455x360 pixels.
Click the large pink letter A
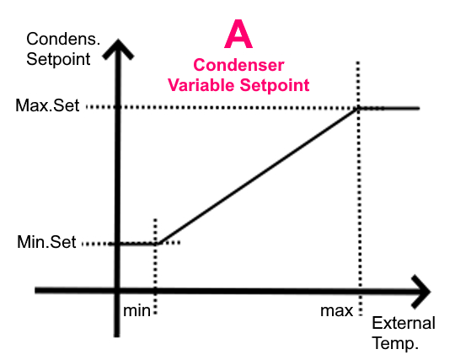click(238, 34)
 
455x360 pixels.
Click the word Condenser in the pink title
click(238, 65)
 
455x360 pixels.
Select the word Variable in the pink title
click(201, 85)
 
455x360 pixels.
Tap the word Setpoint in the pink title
click(275, 85)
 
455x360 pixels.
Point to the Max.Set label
click(47, 105)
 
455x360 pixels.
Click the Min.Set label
click(46, 242)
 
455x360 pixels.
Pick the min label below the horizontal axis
click(136, 310)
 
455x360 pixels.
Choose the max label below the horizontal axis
click(336, 311)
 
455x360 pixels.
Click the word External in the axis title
click(404, 323)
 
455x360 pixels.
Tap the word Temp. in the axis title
click(395, 343)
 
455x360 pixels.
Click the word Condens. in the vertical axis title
click(63, 39)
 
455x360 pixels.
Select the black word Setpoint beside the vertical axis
click(58, 59)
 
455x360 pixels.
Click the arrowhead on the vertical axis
click(118, 49)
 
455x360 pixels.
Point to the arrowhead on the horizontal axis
click(421, 291)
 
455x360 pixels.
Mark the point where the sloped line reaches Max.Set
click(358, 108)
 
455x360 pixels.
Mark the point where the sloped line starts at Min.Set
click(158, 244)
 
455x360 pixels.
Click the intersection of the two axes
click(117, 290)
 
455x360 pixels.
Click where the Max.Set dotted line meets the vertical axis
click(117, 107)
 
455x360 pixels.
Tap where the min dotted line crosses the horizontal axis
click(155, 291)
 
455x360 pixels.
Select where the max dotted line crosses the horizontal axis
click(360, 291)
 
